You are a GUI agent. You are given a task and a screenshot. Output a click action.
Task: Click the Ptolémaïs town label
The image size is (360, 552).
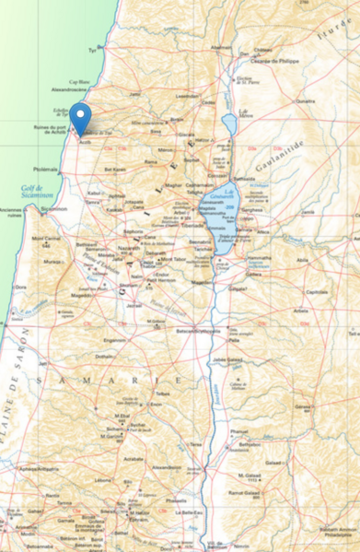45,169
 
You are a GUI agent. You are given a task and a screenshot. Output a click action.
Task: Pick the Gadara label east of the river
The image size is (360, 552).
254,273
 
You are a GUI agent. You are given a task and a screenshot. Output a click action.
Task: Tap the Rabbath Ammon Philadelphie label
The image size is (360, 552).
333,533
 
